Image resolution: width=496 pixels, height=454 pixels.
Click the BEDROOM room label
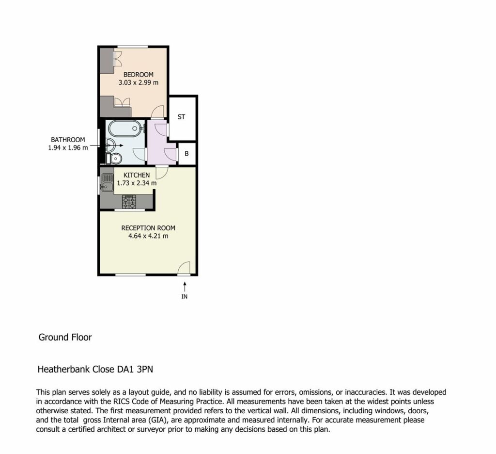pos(138,75)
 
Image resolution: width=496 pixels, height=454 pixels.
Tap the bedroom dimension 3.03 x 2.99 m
pos(138,82)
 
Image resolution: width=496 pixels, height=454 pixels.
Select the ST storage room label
pos(181,117)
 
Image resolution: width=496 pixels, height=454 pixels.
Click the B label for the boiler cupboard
pos(186,154)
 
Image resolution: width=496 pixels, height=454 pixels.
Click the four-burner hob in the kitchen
pos(129,201)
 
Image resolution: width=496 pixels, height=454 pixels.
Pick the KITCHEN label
pos(137,175)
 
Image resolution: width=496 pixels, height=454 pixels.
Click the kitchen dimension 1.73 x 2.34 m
pos(137,183)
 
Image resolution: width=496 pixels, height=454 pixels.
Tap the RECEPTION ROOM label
pos(148,228)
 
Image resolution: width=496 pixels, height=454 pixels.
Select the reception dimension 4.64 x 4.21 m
pos(148,236)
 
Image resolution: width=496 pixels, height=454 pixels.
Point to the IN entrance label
pos(185,296)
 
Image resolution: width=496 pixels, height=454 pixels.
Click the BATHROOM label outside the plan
pos(68,140)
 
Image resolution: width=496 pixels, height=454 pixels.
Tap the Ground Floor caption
pos(65,337)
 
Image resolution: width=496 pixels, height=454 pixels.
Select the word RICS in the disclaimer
pos(122,402)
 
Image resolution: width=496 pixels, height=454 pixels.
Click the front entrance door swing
pos(184,268)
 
